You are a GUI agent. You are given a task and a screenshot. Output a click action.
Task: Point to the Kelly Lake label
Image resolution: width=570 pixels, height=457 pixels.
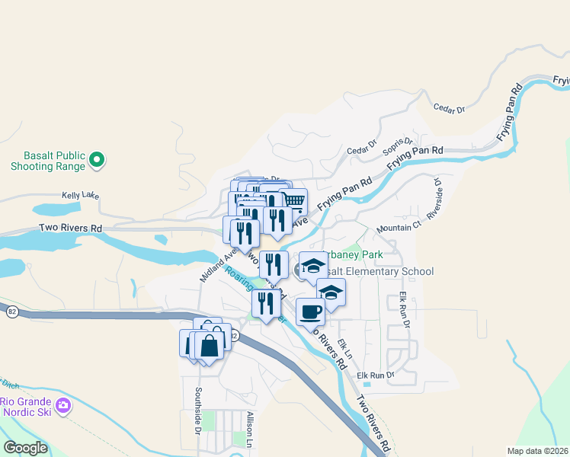[81, 196]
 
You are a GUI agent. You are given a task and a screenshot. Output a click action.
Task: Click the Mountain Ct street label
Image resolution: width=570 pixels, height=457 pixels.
[399, 228]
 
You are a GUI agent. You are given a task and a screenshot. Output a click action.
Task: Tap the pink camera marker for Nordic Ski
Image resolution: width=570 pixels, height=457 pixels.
[63, 404]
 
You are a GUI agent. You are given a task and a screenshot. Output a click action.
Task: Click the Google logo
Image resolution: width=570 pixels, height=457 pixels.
[24, 448]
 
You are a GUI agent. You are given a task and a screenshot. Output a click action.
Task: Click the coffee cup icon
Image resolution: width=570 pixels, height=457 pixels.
[310, 312]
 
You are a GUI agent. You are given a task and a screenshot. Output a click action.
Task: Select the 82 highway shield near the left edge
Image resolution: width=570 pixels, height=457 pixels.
[12, 312]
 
